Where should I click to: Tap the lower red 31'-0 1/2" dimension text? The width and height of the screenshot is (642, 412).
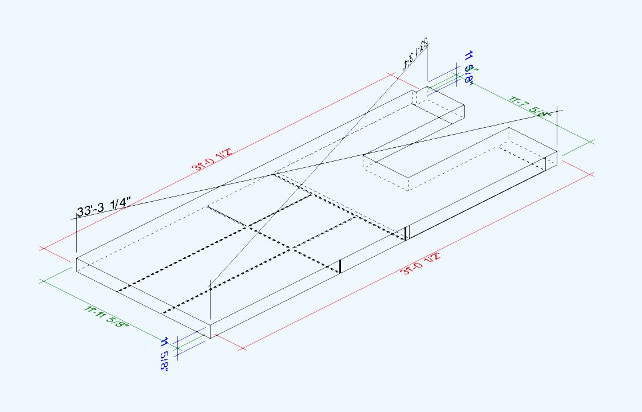422,264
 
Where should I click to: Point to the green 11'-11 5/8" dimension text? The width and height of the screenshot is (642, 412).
106,317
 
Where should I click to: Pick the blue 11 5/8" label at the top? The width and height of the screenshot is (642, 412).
469,67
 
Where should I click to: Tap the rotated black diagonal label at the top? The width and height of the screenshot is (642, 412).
417,55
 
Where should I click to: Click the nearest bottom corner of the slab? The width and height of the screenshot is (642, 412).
210,338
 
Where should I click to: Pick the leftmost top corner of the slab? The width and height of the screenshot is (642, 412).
77,258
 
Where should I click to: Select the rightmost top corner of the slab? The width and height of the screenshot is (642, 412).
557,151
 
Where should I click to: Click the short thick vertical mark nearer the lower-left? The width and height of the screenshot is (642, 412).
340,266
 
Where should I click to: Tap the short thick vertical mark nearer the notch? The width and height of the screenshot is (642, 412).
406,233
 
